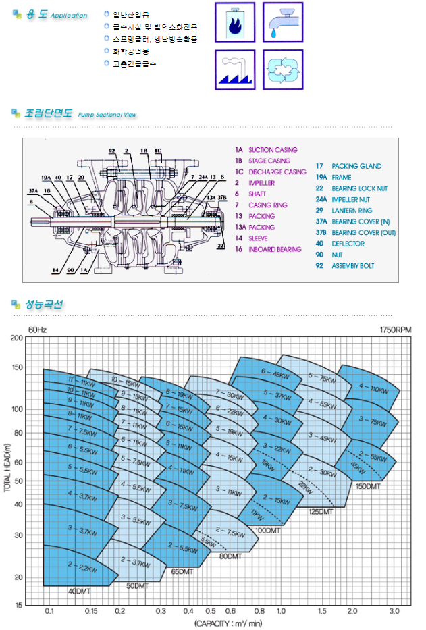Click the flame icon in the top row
tap(235, 22)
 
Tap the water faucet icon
tap(283, 22)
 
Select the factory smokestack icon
tap(235, 70)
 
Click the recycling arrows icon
tap(283, 70)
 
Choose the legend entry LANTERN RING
tap(352, 211)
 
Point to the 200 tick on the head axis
tap(17, 337)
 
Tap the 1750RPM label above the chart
tap(395, 330)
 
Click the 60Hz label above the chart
tap(37, 330)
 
